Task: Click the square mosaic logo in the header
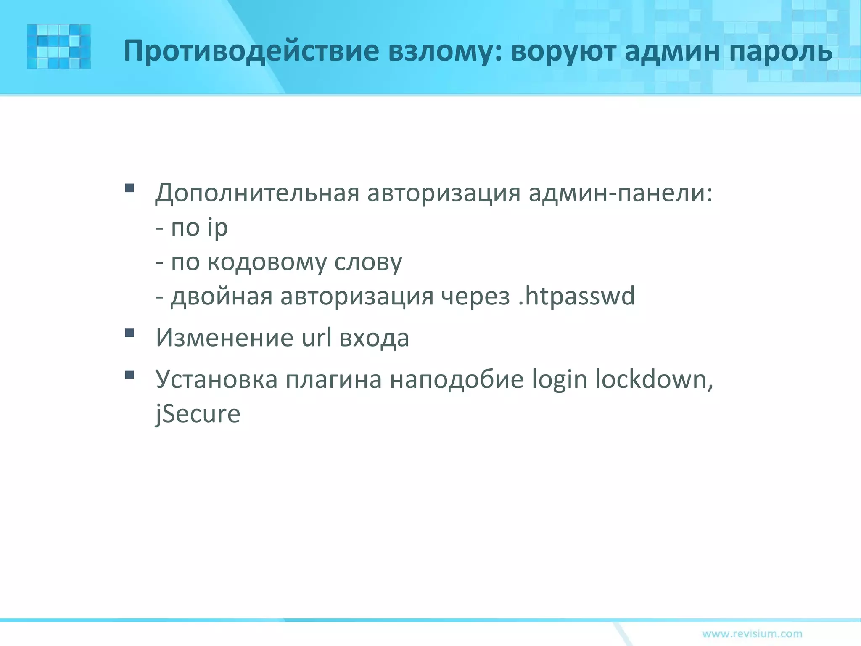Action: click(59, 47)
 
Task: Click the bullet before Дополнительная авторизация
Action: click(129, 188)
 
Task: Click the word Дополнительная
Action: click(257, 193)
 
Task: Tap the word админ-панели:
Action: click(621, 193)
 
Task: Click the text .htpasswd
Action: click(576, 296)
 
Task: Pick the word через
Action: click(475, 296)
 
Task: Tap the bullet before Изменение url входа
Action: click(129, 334)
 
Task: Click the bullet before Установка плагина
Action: click(129, 374)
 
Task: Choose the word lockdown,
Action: click(654, 379)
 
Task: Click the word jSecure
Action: click(198, 414)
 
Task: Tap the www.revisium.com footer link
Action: click(752, 633)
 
